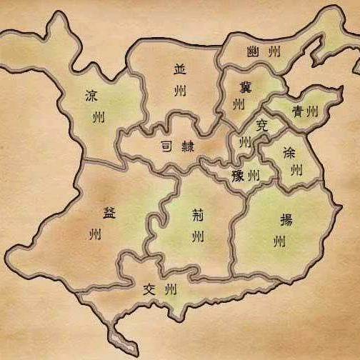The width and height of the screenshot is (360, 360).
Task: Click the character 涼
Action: pos(91,96)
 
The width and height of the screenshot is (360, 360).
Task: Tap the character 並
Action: pos(179,70)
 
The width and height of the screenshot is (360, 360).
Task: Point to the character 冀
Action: pos(245,86)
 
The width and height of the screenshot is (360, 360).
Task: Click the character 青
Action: pos(299,111)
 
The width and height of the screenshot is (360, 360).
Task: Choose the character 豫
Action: pos(237,176)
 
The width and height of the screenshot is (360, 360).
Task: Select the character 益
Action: pos(109,212)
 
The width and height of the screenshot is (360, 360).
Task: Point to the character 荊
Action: pos(198,214)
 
